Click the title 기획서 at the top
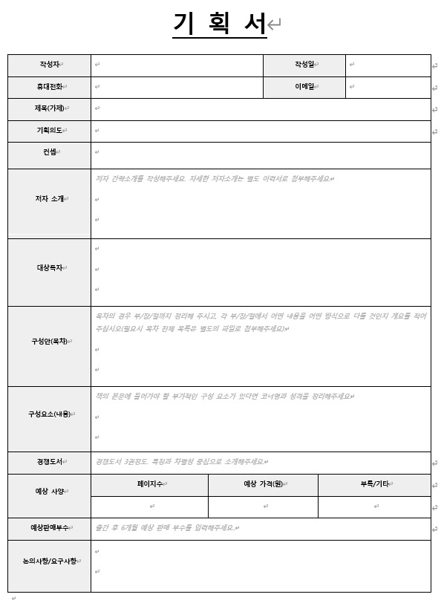point(219,25)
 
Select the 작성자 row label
point(49,65)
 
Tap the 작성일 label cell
point(305,65)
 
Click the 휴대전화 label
point(49,87)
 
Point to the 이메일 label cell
point(305,87)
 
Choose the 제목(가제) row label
point(49,109)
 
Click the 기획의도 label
point(49,131)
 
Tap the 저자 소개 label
point(49,199)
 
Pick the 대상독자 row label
point(49,267)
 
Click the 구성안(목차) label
point(49,342)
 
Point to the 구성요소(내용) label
point(49,414)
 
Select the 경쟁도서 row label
point(49,462)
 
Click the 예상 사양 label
point(49,492)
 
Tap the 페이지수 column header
point(150,484)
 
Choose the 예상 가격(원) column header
point(263,484)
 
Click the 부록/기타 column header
point(374,484)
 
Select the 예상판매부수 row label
point(49,528)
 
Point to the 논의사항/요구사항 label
point(49,561)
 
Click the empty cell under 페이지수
point(150,506)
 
